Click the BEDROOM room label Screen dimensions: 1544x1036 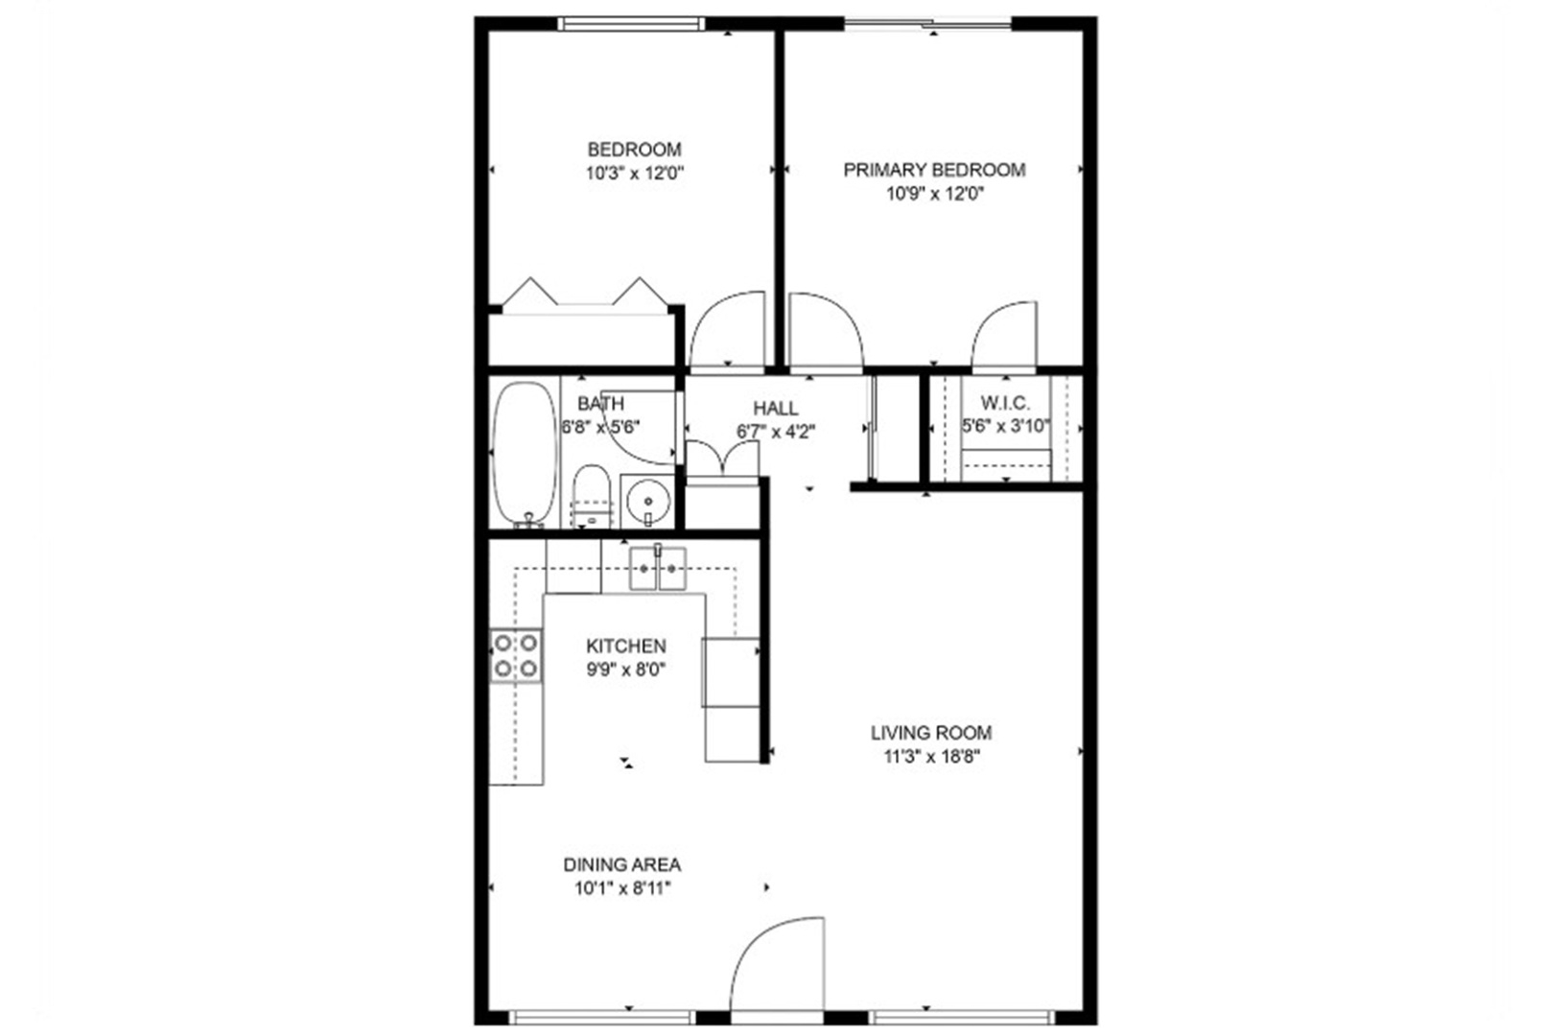click(x=634, y=150)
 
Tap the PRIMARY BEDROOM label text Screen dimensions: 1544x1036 click(x=935, y=170)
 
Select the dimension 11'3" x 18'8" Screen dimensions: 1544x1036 click(x=932, y=757)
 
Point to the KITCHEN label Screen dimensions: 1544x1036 click(x=626, y=646)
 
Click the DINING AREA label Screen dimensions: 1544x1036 click(x=622, y=864)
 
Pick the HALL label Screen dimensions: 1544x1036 click(x=776, y=409)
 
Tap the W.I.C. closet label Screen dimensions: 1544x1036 click(x=1006, y=403)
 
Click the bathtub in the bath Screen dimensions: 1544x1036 click(x=526, y=455)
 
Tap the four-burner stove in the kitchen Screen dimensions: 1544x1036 click(x=516, y=655)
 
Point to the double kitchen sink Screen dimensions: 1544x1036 click(x=658, y=569)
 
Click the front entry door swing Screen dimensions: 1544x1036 click(x=777, y=966)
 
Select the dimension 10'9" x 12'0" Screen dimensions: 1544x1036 click(x=935, y=195)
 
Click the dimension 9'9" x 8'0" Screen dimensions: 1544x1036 click(x=626, y=670)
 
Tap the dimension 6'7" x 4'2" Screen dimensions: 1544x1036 click(x=776, y=433)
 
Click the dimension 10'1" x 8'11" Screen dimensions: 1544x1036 click(x=622, y=888)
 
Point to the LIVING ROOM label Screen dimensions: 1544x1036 click(x=932, y=733)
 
